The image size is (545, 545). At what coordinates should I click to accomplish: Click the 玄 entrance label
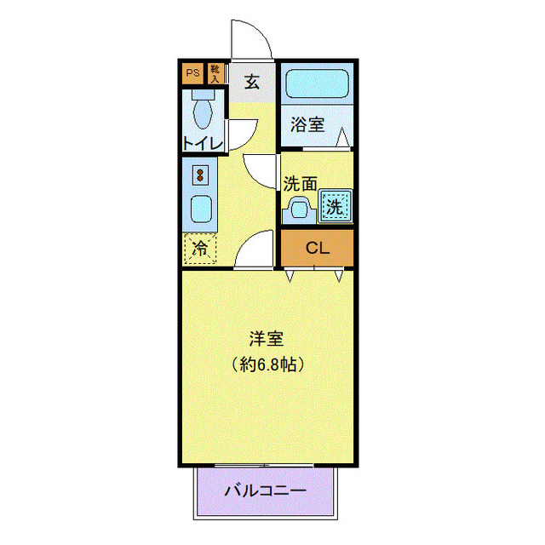click(x=253, y=83)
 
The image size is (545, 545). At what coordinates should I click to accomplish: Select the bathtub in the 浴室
click(x=316, y=85)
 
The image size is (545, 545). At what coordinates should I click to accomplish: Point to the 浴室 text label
click(x=307, y=124)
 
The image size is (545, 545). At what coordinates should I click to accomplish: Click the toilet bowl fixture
click(x=203, y=110)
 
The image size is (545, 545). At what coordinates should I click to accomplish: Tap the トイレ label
click(x=203, y=143)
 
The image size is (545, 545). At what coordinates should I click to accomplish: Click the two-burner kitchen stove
click(x=201, y=175)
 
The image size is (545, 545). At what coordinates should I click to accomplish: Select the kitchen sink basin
click(x=201, y=209)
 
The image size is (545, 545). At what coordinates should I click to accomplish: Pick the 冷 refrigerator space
click(x=200, y=249)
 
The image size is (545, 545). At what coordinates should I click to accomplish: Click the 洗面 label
click(x=300, y=183)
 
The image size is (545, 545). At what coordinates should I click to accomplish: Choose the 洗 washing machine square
click(x=335, y=205)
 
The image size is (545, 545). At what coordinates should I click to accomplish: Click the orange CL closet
click(x=317, y=249)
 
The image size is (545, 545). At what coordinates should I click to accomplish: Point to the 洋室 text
click(x=267, y=338)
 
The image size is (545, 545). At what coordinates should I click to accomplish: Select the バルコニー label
click(x=265, y=491)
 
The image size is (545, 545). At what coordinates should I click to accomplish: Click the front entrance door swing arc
click(x=251, y=40)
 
